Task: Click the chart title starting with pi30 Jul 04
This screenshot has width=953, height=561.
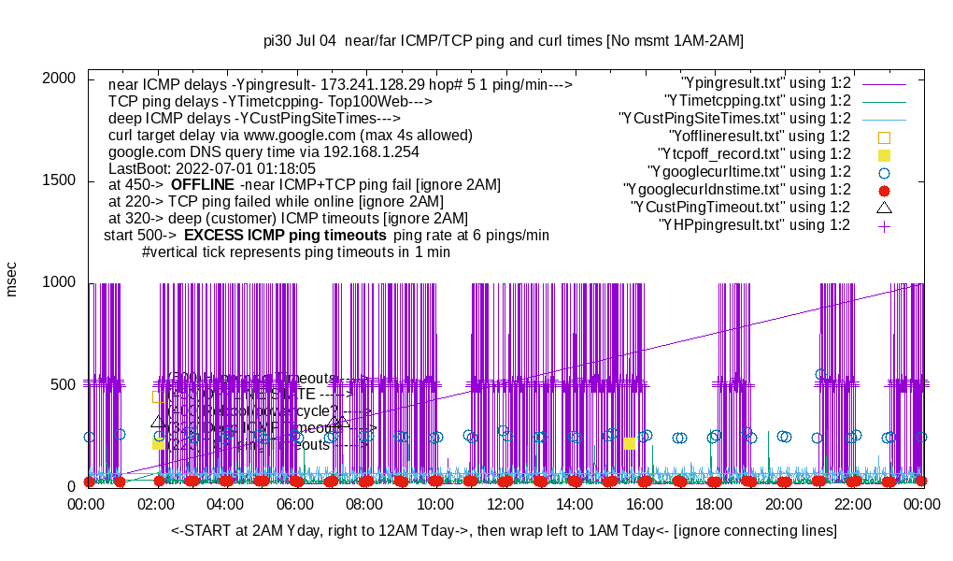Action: pyautogui.click(x=504, y=41)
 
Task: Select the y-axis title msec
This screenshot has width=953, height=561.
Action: pyautogui.click(x=12, y=279)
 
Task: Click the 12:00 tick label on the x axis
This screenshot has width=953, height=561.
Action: pyautogui.click(x=505, y=504)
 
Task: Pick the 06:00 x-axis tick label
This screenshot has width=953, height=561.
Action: pyautogui.click(x=296, y=504)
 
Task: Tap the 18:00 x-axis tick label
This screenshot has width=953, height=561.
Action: pyautogui.click(x=715, y=504)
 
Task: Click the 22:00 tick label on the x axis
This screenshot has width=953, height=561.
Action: pyautogui.click(x=854, y=504)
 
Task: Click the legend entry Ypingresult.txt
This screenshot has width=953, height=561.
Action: pyautogui.click(x=765, y=83)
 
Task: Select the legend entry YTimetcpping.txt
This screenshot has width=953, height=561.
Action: pyautogui.click(x=757, y=101)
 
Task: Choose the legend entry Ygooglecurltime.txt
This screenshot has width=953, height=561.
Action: pyautogui.click(x=748, y=172)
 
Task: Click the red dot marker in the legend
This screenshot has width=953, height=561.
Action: pyautogui.click(x=884, y=190)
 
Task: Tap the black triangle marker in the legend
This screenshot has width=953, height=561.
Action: pyautogui.click(x=884, y=207)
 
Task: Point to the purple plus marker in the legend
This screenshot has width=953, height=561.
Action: pyautogui.click(x=884, y=225)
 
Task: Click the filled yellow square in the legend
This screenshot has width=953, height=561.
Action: pyautogui.click(x=884, y=154)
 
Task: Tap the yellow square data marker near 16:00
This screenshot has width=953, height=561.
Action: pyautogui.click(x=630, y=443)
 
